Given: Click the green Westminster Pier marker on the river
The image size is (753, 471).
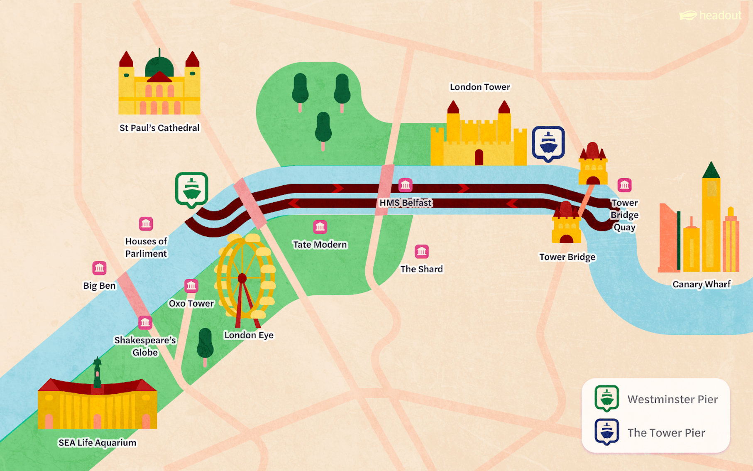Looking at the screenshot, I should (x=191, y=189).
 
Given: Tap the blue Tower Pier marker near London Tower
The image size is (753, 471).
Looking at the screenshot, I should (x=548, y=143).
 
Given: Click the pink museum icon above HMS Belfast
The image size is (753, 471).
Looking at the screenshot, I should (x=405, y=185).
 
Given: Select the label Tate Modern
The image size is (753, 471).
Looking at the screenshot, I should (x=320, y=245).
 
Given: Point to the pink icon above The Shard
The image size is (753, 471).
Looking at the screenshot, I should (x=422, y=251).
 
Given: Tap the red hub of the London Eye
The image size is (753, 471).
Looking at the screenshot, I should (x=242, y=278).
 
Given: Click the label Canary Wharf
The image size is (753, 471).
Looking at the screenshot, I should (x=701, y=284).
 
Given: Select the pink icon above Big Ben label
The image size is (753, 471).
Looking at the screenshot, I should (x=99, y=268).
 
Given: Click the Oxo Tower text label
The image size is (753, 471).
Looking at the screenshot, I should (x=191, y=304).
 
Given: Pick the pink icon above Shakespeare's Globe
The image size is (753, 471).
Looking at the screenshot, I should (x=145, y=322).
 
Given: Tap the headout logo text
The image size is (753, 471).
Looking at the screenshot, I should (x=720, y=16).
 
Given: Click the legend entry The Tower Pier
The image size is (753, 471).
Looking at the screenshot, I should (x=666, y=433).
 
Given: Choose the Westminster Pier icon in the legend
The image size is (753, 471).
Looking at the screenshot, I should (x=607, y=398).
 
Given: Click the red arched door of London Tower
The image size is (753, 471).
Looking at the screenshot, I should (x=479, y=157).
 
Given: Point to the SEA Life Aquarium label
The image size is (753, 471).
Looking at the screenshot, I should (x=97, y=443).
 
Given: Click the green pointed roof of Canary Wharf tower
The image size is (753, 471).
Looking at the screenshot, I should (x=711, y=171).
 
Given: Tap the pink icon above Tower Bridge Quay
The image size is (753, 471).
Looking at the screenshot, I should (x=624, y=185).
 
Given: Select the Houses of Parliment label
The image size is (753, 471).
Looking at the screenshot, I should (x=146, y=247).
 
